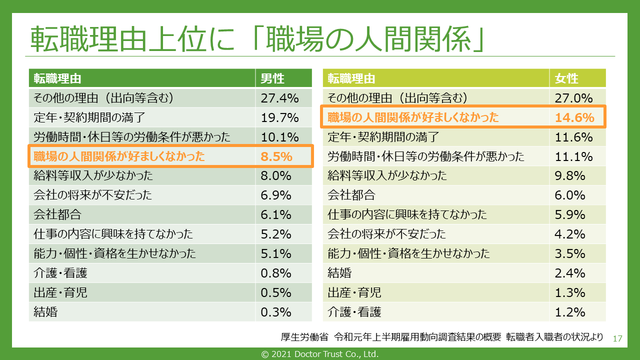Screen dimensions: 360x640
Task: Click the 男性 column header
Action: click(272, 78)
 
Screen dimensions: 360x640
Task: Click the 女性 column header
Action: click(566, 78)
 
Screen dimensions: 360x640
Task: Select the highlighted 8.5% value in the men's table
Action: click(276, 156)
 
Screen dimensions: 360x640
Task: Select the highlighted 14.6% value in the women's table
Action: click(574, 118)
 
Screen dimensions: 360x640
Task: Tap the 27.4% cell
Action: click(279, 98)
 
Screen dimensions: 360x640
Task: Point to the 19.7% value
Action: click(279, 118)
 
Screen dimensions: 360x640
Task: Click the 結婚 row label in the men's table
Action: click(45, 312)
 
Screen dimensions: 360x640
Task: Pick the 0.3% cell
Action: click(276, 312)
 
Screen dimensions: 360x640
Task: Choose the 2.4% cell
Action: click(570, 273)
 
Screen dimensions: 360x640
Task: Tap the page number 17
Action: click(617, 338)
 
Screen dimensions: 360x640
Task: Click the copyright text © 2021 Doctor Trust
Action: click(320, 354)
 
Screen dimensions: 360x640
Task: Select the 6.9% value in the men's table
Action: click(276, 195)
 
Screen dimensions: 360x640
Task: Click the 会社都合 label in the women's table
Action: click(351, 195)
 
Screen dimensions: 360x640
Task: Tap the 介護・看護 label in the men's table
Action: click(60, 273)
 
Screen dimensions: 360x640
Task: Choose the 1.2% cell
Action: click(570, 312)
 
